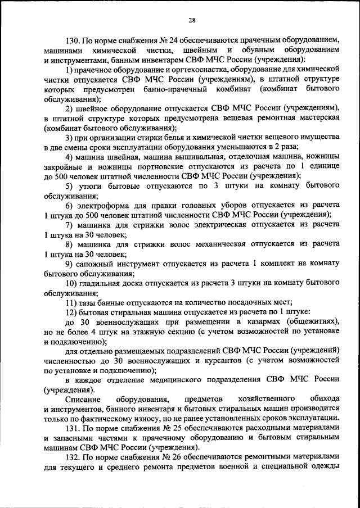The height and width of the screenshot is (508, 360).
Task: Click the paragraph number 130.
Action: [x=73, y=41]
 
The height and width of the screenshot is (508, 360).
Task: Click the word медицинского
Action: [x=159, y=380]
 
